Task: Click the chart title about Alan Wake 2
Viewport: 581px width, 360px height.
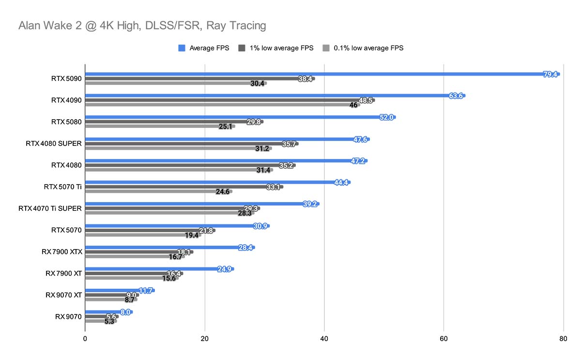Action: coord(142,25)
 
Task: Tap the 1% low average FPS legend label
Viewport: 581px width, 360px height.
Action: coord(281,48)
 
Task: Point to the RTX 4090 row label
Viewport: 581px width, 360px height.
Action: coord(66,100)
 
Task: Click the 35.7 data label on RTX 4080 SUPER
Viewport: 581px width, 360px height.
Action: coord(290,144)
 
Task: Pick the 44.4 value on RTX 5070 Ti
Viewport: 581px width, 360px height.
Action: coord(341,182)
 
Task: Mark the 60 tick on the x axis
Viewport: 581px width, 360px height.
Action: coord(443,339)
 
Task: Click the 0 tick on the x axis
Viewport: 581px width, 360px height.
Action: coord(85,339)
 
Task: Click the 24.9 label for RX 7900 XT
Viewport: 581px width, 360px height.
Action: coord(225,269)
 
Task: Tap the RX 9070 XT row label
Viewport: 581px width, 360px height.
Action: coord(63,295)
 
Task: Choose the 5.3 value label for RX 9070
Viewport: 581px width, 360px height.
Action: coord(110,321)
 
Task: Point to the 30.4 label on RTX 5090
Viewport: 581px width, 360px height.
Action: coord(258,83)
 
